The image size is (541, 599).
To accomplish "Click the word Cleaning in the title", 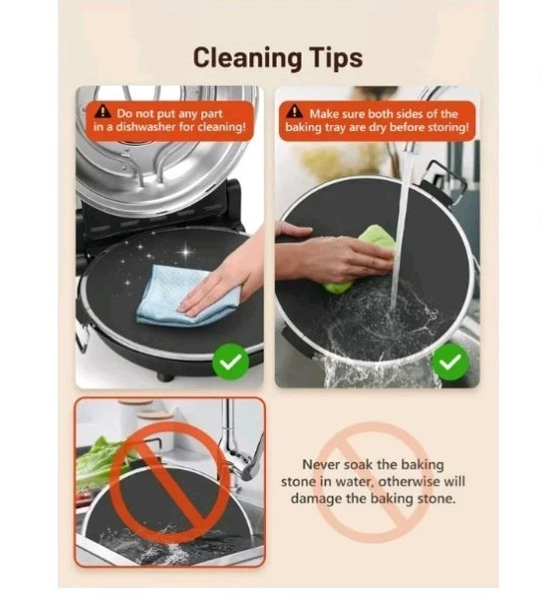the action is [x=248, y=58].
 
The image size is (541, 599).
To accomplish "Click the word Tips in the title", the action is [x=337, y=59].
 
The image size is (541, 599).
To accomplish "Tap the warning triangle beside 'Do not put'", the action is [x=102, y=111].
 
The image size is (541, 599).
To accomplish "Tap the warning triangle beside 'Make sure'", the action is [x=295, y=111].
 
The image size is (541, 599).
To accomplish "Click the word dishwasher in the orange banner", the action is [x=146, y=127].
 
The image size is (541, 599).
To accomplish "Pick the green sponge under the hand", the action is [x=359, y=258].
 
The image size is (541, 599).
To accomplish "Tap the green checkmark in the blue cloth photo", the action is [x=231, y=362].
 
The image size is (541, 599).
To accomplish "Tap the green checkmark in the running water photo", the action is [x=450, y=362].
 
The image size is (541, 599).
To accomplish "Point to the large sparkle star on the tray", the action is [x=185, y=252].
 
